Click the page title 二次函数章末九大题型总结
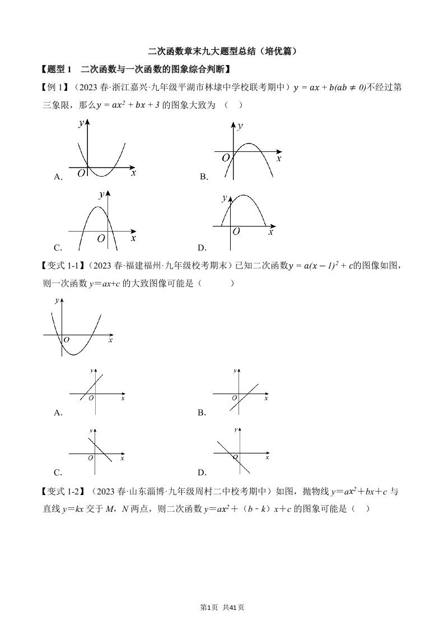222,51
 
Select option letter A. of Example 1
58,177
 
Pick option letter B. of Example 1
204,177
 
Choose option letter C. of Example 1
58,247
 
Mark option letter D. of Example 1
202,247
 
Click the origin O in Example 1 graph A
82,174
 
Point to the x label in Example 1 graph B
278,159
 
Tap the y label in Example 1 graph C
101,195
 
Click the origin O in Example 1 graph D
236,231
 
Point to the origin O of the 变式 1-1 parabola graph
66,340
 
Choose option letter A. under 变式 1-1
58,413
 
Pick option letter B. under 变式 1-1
202,413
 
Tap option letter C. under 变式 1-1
58,472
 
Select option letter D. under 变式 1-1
202,472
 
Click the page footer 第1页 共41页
222,607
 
